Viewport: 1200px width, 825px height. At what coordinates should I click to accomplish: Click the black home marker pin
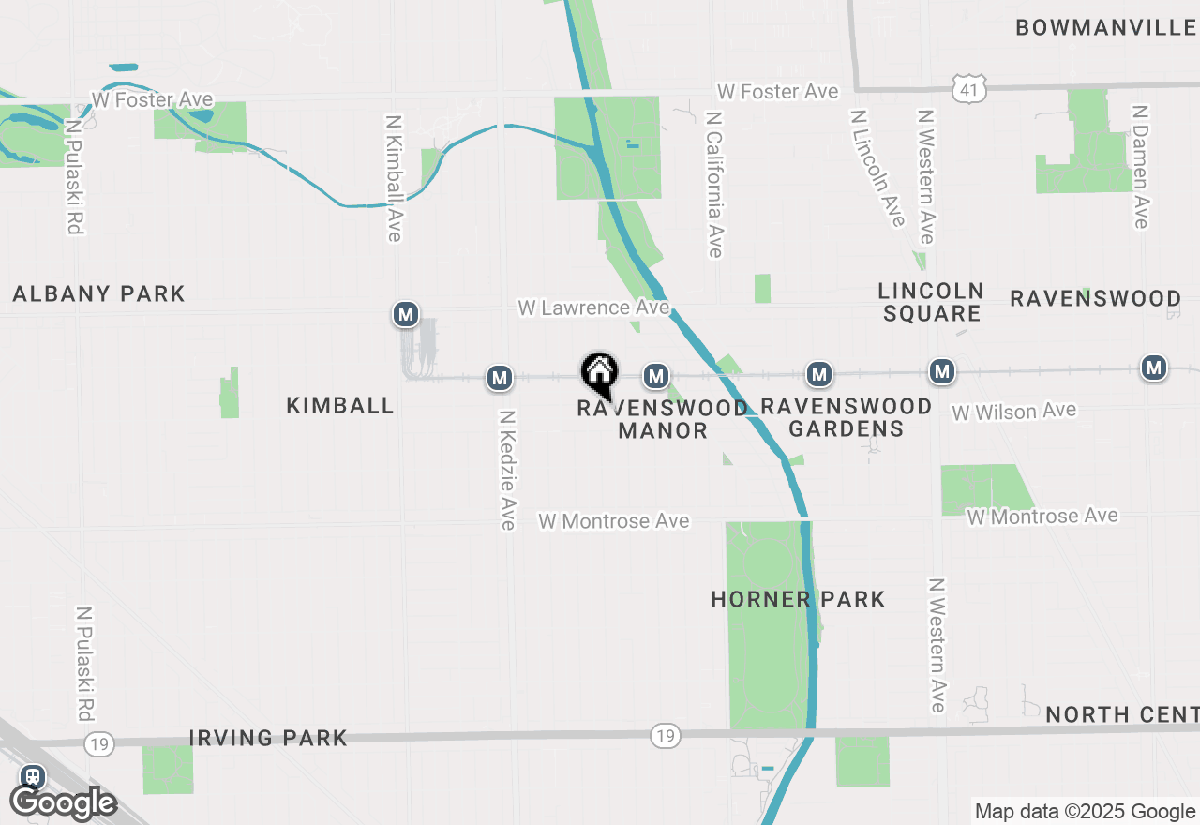[599, 373]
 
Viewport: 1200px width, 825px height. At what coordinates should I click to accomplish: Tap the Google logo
[63, 803]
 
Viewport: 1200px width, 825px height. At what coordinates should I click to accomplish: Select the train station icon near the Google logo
[33, 776]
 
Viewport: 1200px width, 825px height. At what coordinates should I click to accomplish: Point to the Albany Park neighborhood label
[99, 293]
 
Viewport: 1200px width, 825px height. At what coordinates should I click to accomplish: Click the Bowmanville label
[1106, 27]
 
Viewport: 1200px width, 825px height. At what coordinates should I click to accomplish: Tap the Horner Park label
[798, 599]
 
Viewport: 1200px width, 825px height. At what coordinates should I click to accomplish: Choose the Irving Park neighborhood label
[268, 738]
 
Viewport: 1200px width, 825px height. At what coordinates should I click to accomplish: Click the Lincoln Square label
[931, 302]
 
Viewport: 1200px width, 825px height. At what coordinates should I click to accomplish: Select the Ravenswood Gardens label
[846, 417]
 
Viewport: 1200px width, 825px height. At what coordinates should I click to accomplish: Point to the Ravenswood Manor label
[663, 419]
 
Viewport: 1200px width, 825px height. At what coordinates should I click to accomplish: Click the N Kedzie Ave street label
[508, 470]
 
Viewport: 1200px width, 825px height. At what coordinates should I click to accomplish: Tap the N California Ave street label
[715, 185]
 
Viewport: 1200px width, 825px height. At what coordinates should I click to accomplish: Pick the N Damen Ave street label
[1140, 166]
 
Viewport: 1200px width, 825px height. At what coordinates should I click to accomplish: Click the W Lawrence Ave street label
[593, 307]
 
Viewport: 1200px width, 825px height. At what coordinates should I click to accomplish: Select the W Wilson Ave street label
[1013, 412]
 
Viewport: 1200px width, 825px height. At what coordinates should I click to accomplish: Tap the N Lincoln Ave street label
[877, 168]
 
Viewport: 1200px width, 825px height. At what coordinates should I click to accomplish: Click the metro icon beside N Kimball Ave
[405, 314]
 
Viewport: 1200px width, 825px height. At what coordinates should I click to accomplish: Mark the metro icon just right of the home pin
[654, 377]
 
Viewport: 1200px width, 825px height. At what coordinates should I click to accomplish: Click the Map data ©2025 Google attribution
[1085, 812]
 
